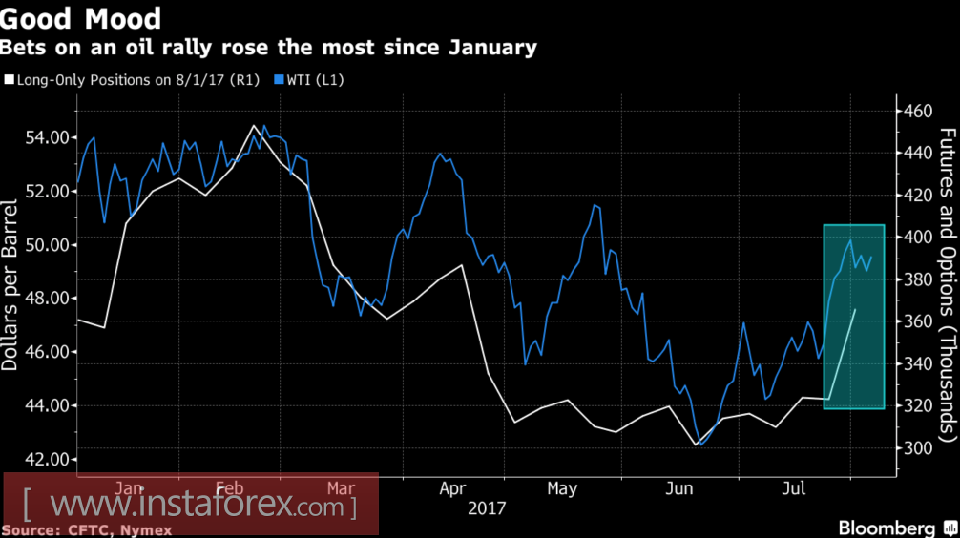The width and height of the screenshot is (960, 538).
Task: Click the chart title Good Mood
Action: point(81,18)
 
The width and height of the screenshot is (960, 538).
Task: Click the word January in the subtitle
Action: point(495,47)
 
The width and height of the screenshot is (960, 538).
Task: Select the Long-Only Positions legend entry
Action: point(133,80)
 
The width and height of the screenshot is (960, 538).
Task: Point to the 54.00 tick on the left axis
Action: point(46,137)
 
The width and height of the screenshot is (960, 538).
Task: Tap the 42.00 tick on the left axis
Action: point(46,459)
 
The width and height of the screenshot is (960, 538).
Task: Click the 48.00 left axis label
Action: point(46,299)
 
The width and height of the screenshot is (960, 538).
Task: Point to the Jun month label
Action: point(678,489)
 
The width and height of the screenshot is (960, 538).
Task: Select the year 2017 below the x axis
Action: point(488,507)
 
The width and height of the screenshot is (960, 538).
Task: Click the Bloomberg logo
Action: point(887,528)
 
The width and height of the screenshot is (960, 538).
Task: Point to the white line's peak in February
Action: point(254,126)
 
